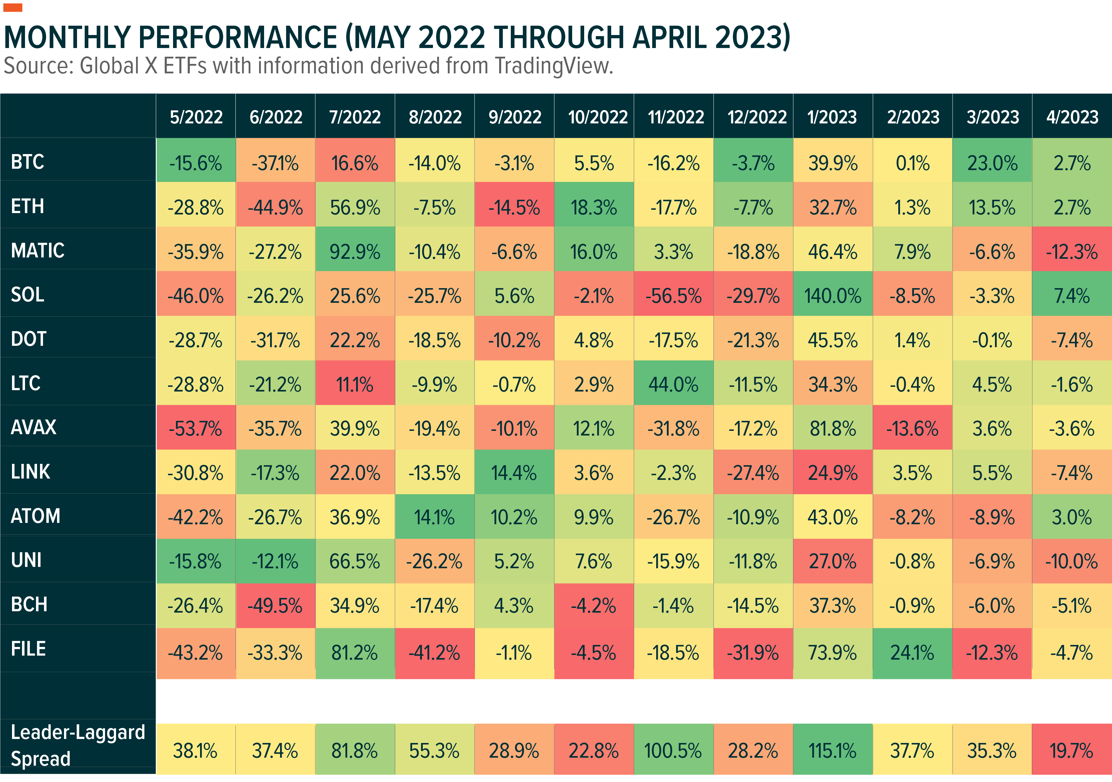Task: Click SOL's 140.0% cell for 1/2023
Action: (x=833, y=295)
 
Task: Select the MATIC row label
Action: (x=38, y=250)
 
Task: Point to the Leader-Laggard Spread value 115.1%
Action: (x=833, y=751)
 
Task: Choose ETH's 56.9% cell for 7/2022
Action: (x=355, y=207)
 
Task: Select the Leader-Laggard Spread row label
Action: (x=77, y=745)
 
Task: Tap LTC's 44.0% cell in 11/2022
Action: (x=673, y=384)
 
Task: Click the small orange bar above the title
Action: (x=13, y=7)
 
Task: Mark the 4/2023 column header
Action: (x=1072, y=117)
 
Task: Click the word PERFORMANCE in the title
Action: (x=237, y=37)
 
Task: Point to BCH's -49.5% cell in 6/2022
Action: (x=275, y=606)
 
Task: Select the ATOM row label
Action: (x=36, y=516)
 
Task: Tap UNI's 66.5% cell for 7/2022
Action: (x=355, y=561)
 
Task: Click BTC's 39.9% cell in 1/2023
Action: (x=833, y=163)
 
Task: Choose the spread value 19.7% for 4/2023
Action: (x=1071, y=751)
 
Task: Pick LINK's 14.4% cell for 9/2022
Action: (x=514, y=473)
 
